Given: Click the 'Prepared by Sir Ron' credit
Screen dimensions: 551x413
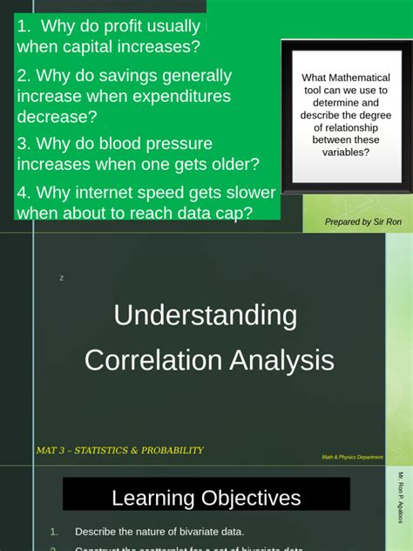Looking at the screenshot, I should [x=363, y=222].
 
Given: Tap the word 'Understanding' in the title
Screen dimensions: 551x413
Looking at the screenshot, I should [x=206, y=315].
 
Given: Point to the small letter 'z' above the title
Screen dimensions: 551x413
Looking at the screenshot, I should [x=62, y=278].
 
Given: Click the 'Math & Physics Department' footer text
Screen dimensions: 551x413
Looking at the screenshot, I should [x=352, y=457].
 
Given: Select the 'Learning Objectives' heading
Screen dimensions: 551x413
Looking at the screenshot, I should [x=206, y=498].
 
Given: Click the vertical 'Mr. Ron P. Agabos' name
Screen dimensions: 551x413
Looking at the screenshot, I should [x=402, y=510].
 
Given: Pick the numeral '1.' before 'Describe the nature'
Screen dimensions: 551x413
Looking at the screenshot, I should [x=54, y=532].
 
